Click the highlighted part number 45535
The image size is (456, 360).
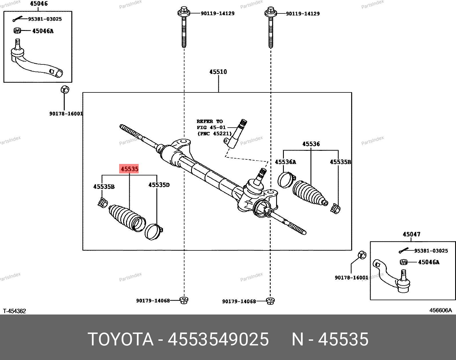pos(129,169)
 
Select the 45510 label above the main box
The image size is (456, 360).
pos(218,72)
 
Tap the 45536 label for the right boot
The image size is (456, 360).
pos(311,144)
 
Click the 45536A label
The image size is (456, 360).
pos(285,162)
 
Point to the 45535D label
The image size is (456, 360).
pos(159,185)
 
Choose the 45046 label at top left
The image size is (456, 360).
pos(39,4)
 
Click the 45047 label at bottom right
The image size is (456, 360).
pos(411,234)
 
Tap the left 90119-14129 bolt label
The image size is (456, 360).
pos(217,13)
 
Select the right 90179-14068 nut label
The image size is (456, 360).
pos(239,301)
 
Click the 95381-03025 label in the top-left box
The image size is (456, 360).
pos(45,19)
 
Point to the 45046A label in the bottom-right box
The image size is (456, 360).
pos(429,262)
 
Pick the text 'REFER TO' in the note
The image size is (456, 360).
pos(209,122)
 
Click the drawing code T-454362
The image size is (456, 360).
pos(15,311)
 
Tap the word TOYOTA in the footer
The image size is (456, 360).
pos(121,340)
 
